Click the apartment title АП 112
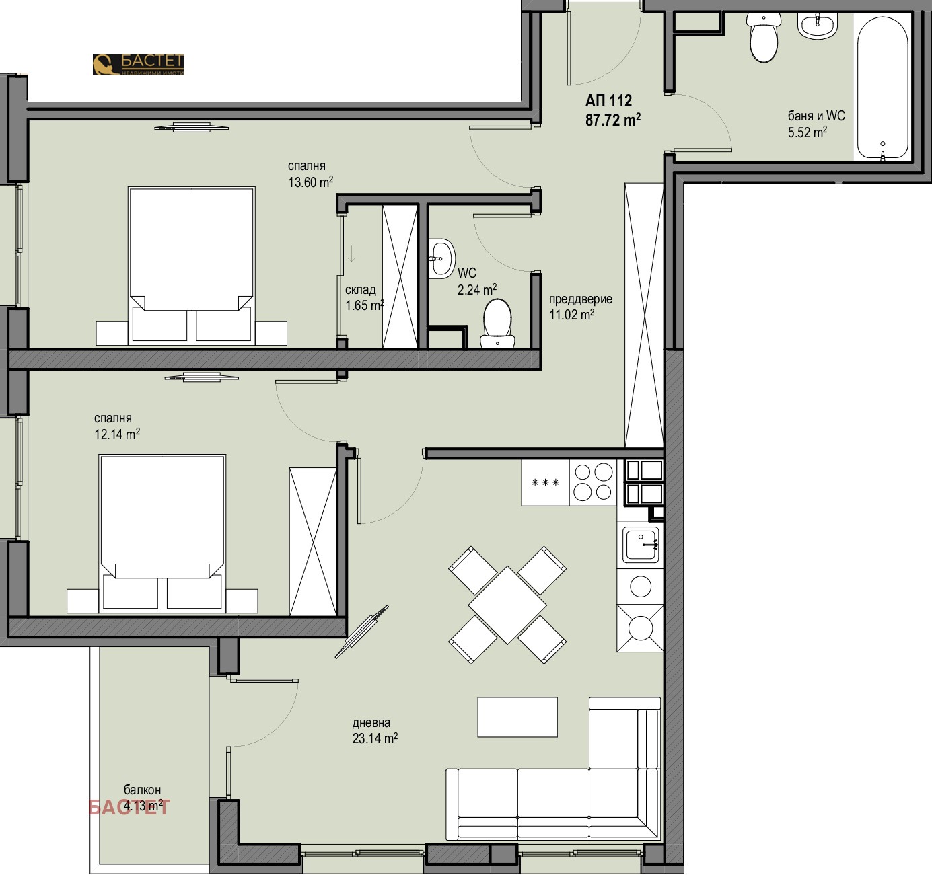[x=608, y=100]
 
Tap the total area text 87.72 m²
[x=612, y=120]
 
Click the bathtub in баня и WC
[x=882, y=87]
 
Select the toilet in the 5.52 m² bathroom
[x=764, y=38]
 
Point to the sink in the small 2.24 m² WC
[x=441, y=258]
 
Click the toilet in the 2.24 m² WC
[x=497, y=324]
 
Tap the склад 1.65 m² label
[x=364, y=297]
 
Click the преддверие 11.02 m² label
[x=581, y=307]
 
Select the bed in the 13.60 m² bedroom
[x=192, y=266]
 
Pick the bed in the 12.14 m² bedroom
[x=162, y=533]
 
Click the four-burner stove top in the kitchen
[x=593, y=482]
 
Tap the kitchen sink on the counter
[x=641, y=544]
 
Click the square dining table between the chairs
[x=507, y=605]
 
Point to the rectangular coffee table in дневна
[x=517, y=717]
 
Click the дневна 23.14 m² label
[x=375, y=730]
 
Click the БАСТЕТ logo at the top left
[x=138, y=65]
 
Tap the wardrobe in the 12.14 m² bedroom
[x=312, y=541]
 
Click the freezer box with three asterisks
[x=545, y=482]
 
